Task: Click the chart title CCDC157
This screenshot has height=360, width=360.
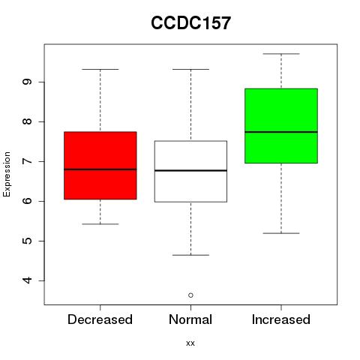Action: (190, 23)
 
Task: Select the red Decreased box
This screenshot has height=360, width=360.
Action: (100, 166)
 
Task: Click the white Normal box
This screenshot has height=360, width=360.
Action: (190, 172)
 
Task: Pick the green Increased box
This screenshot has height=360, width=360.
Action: (281, 126)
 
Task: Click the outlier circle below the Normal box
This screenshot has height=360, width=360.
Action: (190, 295)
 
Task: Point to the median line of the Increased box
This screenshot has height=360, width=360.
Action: (281, 132)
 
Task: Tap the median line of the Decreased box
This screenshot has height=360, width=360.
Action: (100, 169)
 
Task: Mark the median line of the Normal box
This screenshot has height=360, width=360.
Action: (190, 170)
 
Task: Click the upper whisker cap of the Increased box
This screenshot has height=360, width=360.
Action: (281, 54)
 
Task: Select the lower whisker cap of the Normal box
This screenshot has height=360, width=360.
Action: (190, 255)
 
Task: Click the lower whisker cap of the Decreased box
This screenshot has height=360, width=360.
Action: (100, 224)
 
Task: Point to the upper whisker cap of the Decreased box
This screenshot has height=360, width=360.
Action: (100, 69)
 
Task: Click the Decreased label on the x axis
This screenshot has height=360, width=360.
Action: (100, 319)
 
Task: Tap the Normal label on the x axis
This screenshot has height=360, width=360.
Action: (190, 319)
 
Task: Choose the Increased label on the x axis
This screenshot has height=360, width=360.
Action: (281, 319)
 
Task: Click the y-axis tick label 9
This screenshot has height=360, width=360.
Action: (27, 82)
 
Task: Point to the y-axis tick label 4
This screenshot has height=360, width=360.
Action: (27, 280)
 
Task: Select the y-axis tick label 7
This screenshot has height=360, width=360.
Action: (27, 161)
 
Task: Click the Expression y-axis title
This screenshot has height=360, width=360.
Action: (7, 174)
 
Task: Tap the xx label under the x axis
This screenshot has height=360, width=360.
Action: (190, 343)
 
